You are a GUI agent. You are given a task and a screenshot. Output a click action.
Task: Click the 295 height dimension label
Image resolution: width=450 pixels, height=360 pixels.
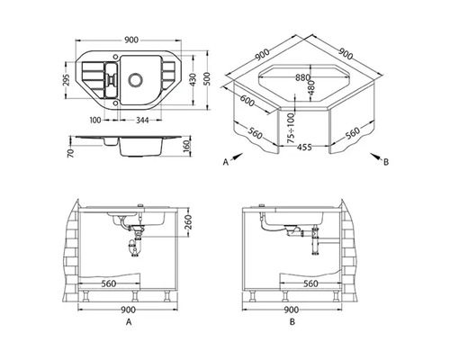(67, 80)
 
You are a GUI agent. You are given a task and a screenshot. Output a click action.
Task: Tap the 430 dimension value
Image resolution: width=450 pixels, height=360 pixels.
(193, 79)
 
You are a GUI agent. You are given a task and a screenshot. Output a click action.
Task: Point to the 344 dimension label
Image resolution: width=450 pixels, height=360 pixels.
(142, 120)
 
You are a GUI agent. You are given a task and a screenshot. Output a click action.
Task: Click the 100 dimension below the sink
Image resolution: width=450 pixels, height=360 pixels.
(95, 120)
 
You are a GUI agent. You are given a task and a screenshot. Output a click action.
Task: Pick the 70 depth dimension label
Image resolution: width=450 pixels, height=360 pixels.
(71, 153)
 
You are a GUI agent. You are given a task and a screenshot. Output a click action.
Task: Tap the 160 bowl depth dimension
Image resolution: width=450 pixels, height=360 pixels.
(187, 146)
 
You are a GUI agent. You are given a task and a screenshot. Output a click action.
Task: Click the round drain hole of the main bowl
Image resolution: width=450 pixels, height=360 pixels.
(136, 79)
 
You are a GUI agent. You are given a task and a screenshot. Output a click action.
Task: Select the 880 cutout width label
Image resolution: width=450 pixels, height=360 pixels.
(302, 77)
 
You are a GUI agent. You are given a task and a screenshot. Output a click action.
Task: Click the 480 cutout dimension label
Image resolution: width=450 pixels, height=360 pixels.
(312, 87)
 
